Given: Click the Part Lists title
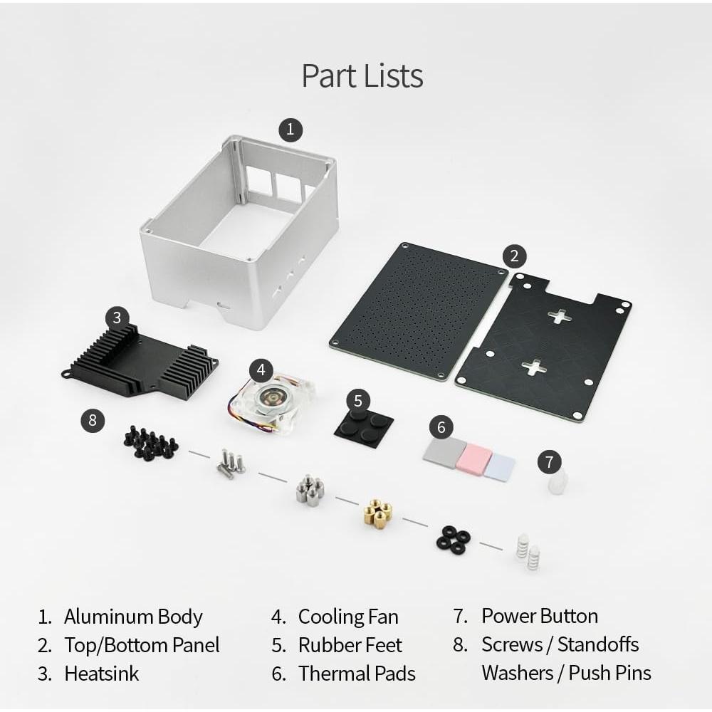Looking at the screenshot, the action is (362, 75).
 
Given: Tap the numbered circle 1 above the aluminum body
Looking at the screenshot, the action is (290, 130).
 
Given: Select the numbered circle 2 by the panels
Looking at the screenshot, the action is (515, 256).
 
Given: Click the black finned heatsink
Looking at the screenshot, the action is (139, 359).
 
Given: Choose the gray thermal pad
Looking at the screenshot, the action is (444, 452).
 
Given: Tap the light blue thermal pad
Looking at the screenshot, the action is (500, 466).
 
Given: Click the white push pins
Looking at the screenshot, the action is (527, 551).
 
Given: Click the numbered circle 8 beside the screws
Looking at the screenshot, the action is (93, 420).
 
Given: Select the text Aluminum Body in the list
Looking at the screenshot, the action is (133, 617).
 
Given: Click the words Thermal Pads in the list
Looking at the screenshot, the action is (357, 674).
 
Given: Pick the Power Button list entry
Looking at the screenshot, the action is (540, 616).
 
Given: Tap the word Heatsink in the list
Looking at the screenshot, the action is (101, 674).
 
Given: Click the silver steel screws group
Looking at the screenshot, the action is (231, 464).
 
